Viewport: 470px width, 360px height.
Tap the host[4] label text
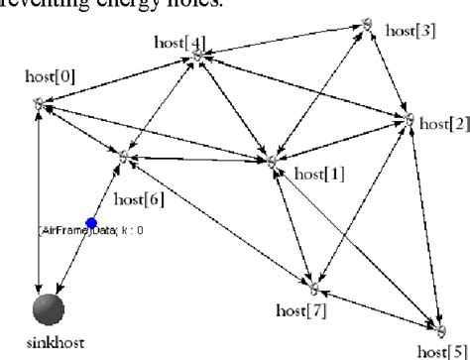181,42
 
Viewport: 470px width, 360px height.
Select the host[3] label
410,31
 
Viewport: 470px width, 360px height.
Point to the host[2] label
443,124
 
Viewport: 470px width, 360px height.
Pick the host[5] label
443,351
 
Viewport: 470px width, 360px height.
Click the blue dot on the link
91,223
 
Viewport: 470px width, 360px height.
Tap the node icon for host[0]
39,102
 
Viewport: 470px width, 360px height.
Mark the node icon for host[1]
269,160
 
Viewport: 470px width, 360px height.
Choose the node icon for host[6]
123,156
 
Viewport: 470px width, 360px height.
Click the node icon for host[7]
313,288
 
